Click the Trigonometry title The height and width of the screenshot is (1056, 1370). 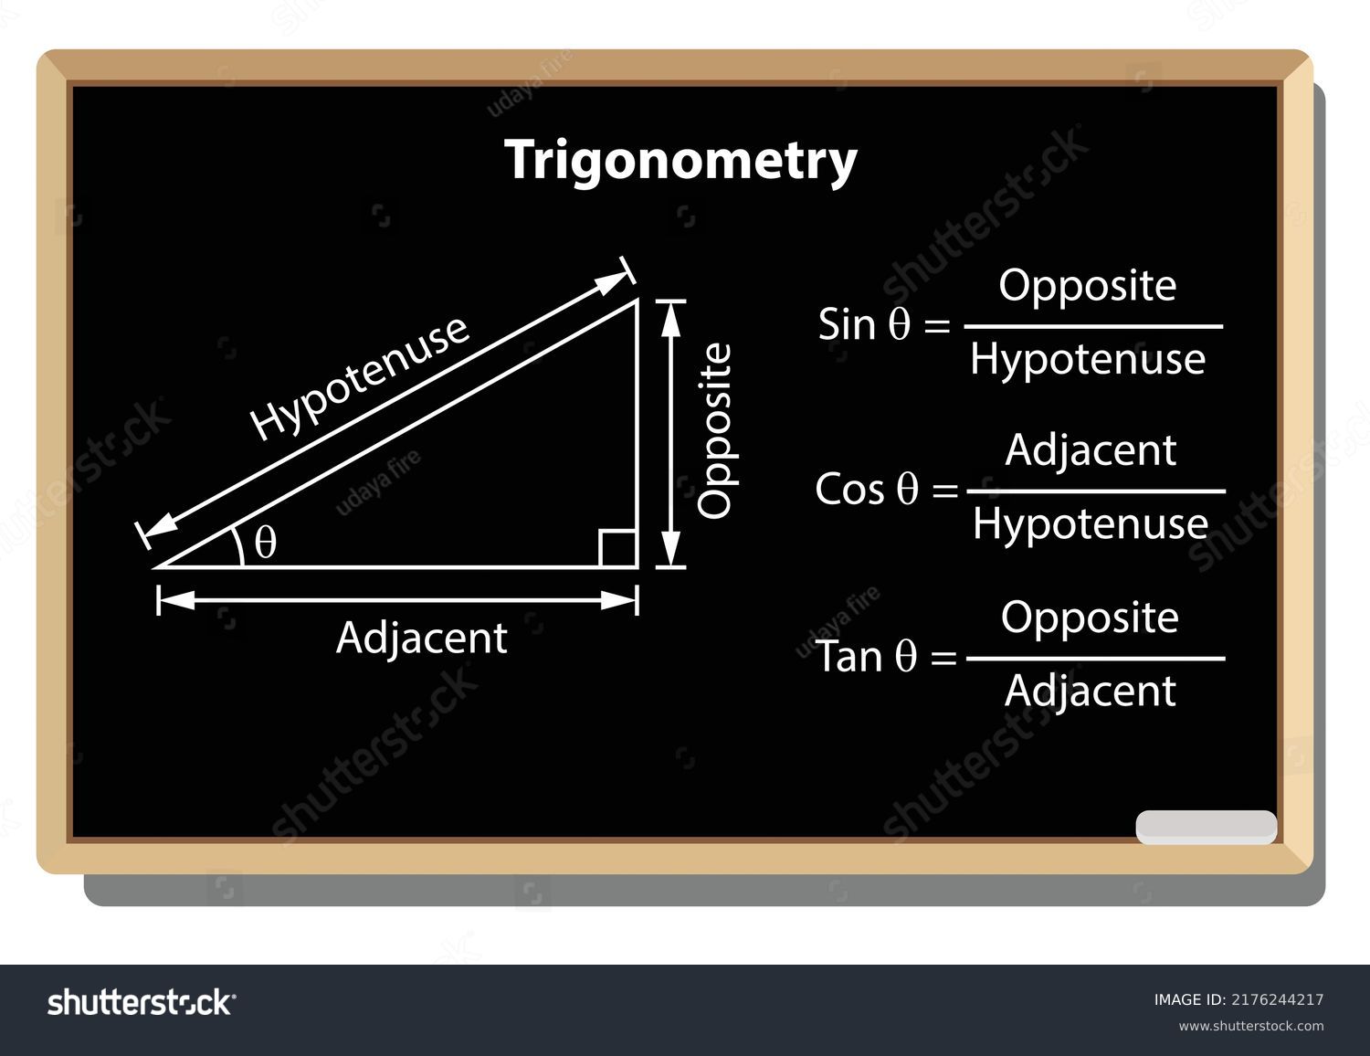click(x=681, y=160)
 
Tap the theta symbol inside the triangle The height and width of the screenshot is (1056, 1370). click(x=266, y=542)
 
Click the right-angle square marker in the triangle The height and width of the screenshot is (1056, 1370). click(x=617, y=548)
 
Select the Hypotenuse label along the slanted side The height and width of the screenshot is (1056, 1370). click(x=359, y=377)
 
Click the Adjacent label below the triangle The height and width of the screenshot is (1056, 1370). click(x=422, y=639)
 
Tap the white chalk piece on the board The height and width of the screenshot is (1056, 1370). click(x=1207, y=827)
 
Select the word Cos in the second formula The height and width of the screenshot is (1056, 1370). click(x=849, y=490)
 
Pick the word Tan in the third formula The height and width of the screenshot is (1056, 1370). click(x=849, y=657)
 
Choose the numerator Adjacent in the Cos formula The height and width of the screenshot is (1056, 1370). click(x=1091, y=450)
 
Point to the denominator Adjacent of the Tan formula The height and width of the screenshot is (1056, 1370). click(x=1091, y=692)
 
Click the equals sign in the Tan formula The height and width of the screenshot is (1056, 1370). click(x=943, y=659)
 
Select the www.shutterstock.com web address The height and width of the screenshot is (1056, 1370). click(x=1251, y=1026)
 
